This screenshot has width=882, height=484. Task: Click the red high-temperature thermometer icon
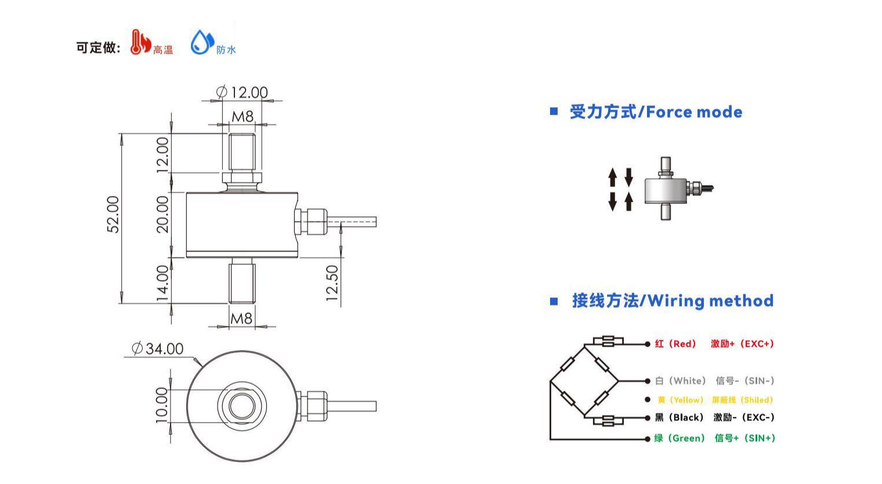(x=139, y=42)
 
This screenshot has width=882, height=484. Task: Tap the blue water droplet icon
(x=202, y=42)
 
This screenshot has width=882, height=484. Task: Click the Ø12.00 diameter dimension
(x=242, y=92)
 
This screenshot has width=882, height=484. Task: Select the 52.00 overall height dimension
(x=114, y=214)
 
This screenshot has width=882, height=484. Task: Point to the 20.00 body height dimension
(x=163, y=214)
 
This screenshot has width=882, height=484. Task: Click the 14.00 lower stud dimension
(x=163, y=283)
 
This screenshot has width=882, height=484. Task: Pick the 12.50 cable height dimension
(x=332, y=283)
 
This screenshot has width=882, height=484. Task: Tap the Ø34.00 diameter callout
(x=158, y=348)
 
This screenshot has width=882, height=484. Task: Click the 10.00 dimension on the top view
(x=162, y=405)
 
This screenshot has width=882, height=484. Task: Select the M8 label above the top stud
(x=243, y=117)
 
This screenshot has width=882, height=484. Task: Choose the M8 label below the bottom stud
(x=241, y=318)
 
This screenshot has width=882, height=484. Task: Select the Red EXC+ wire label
(x=714, y=344)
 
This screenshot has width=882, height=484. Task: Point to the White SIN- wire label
(x=714, y=381)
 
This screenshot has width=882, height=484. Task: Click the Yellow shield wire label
(x=715, y=400)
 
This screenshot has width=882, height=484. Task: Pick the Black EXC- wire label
(x=714, y=417)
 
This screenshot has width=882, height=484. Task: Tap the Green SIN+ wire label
(x=714, y=438)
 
